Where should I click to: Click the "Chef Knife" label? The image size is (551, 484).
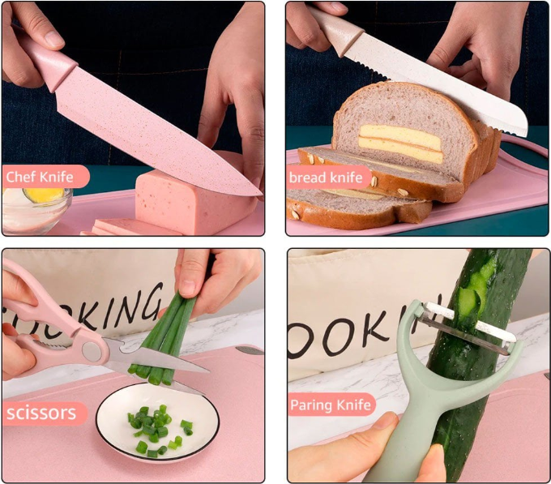[40, 177]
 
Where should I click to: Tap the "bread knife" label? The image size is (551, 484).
[326, 178]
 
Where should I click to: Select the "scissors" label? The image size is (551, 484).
[41, 413]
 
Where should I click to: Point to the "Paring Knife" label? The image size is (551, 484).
[331, 405]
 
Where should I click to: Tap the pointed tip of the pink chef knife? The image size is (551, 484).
[261, 194]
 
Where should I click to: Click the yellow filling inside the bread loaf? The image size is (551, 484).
[400, 143]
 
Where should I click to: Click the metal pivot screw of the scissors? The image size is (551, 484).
[91, 351]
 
